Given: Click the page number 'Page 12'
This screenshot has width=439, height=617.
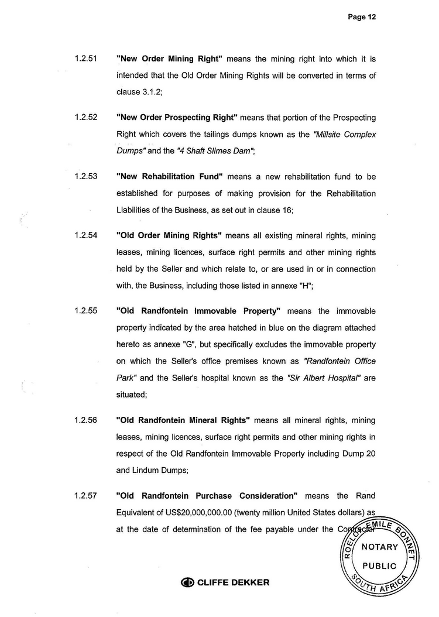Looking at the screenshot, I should [x=361, y=18].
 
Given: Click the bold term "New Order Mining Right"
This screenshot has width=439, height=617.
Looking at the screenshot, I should [x=170, y=59].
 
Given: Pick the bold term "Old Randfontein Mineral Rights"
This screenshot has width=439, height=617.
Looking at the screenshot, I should [x=183, y=420].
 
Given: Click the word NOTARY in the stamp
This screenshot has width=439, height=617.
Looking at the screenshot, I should [x=380, y=547].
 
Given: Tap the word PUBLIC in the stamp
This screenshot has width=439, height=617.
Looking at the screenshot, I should [x=380, y=566].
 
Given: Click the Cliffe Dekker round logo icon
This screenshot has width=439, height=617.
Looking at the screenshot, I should [x=187, y=582].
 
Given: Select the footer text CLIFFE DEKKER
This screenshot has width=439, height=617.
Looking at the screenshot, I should [x=233, y=582].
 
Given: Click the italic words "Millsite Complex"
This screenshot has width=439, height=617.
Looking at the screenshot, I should [x=345, y=134].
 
